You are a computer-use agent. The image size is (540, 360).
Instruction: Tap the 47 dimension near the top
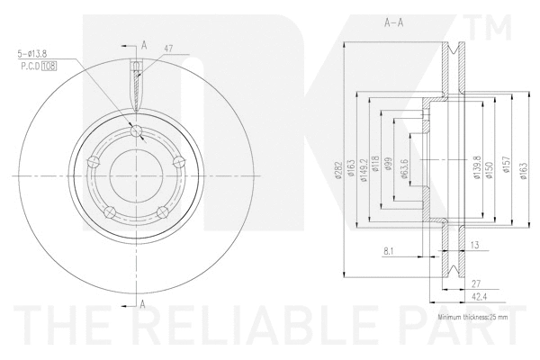(x=168, y=49)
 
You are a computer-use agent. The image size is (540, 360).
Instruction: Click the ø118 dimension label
(x=377, y=166)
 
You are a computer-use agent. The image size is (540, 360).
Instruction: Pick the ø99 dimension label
(x=389, y=166)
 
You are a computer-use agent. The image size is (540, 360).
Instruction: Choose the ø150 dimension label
(x=491, y=166)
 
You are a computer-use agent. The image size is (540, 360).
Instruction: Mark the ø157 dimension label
(x=506, y=166)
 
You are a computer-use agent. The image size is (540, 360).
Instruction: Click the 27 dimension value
(x=473, y=281)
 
